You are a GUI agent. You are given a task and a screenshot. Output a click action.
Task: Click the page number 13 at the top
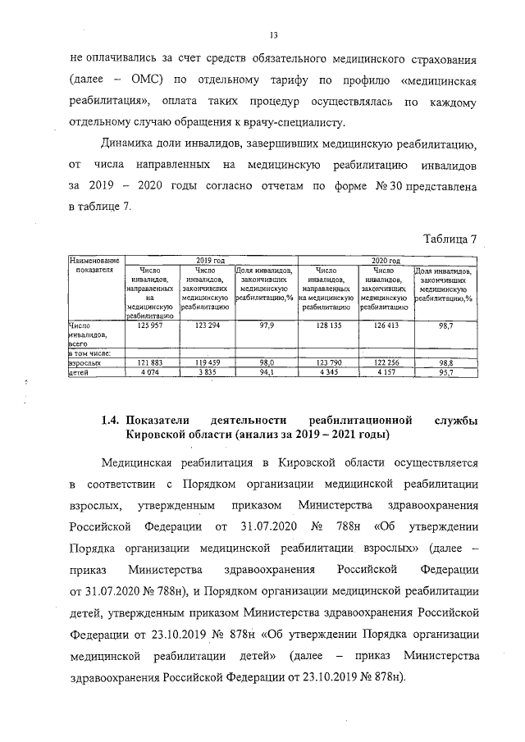coord(274,34)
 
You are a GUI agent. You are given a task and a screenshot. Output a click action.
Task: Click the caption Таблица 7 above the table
coord(450,239)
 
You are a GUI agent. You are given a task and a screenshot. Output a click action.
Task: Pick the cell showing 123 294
coord(205,325)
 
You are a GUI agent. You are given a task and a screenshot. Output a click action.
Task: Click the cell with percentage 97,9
coord(266,325)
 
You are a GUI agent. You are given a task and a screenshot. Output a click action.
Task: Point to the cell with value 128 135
coord(326,325)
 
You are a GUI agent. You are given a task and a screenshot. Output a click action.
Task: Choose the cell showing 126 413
coord(384,325)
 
